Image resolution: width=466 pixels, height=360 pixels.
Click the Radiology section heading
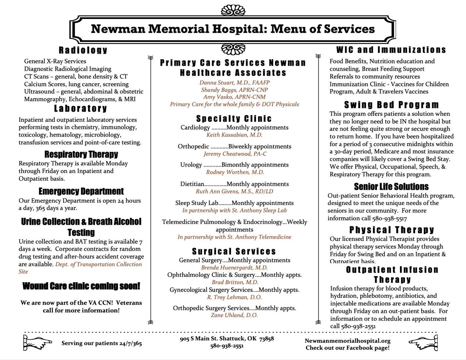[83, 50]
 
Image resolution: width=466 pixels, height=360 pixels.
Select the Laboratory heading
[81, 109]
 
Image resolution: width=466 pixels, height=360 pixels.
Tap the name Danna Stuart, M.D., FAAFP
[234, 83]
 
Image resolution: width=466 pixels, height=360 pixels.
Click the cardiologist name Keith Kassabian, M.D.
[234, 135]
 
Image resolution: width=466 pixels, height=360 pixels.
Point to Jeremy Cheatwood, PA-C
[235, 154]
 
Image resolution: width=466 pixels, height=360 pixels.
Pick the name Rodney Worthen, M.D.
[235, 172]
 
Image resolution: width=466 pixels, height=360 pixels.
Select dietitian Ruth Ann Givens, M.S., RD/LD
[234, 191]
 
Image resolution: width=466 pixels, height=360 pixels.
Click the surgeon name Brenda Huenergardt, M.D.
[234, 267]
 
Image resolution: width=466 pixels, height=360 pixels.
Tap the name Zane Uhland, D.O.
[234, 315]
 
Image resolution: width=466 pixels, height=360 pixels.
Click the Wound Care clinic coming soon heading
[81, 286]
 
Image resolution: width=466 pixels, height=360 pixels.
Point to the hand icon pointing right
[37, 342]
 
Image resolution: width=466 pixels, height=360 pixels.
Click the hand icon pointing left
[423, 342]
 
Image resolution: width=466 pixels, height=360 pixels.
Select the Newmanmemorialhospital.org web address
[347, 341]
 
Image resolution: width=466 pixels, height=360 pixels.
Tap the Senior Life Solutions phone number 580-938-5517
[389, 218]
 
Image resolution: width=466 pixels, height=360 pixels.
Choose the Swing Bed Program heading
[391, 105]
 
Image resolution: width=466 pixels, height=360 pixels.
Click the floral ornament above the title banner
[233, 10]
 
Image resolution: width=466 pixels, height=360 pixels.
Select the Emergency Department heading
[81, 192]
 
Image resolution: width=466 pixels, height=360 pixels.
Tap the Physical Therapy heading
[391, 230]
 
